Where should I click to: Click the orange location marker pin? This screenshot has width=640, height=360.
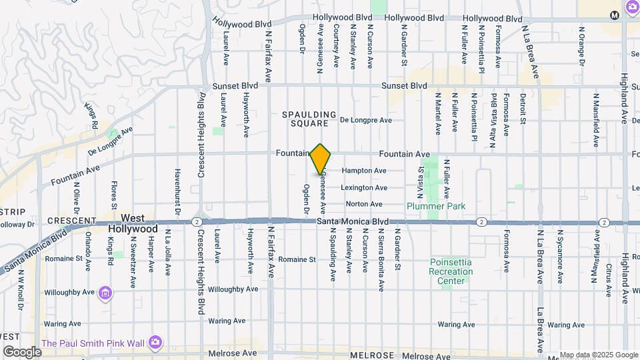321,159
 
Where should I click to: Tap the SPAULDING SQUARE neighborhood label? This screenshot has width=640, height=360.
305,119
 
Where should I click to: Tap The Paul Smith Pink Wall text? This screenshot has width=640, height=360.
93,343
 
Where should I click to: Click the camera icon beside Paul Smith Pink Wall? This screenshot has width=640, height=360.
155,342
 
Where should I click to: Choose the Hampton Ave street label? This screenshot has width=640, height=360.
364,171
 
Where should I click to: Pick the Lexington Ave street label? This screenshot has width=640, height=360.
364,188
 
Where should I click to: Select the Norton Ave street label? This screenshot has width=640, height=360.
364,204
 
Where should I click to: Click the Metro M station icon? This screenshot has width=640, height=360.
614,15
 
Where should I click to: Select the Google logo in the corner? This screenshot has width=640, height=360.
22,351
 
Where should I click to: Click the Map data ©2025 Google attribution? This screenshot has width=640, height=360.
599,355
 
